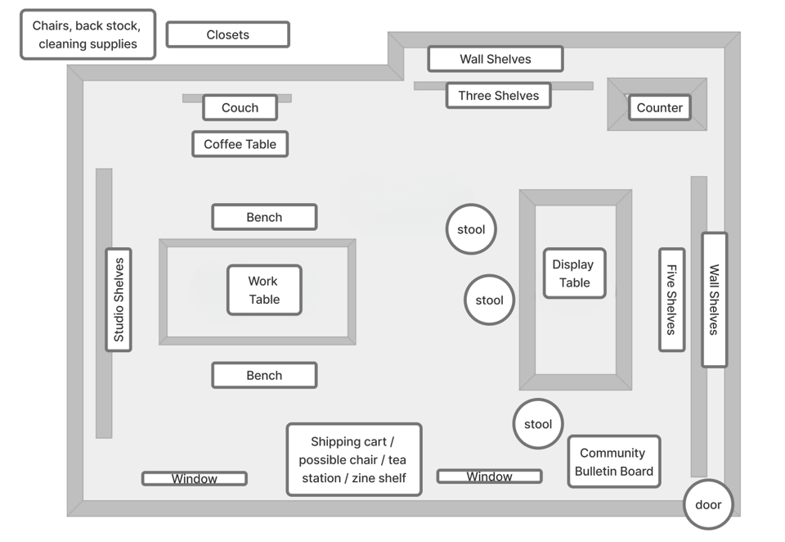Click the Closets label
pyautogui.click(x=228, y=34)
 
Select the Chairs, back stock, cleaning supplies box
pyautogui.click(x=88, y=34)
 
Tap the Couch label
pyautogui.click(x=240, y=108)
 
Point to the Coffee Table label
pyautogui.click(x=240, y=144)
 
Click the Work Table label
pyautogui.click(x=264, y=291)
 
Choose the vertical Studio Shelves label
pyautogui.click(x=119, y=300)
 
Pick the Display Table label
pyautogui.click(x=575, y=273)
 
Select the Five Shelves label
pyautogui.click(x=672, y=300)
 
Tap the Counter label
pyautogui.click(x=660, y=108)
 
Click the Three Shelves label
pyautogui.click(x=499, y=96)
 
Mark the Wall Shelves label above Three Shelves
pyautogui.click(x=496, y=59)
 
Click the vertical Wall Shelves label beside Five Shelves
pyautogui.click(x=715, y=300)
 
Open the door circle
pyautogui.click(x=708, y=504)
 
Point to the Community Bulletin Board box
pyautogui.click(x=614, y=462)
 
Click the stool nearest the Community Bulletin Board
pyautogui.click(x=538, y=424)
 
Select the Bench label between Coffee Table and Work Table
pyautogui.click(x=264, y=217)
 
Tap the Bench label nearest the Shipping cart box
pyautogui.click(x=264, y=376)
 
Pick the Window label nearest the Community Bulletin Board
pyautogui.click(x=490, y=477)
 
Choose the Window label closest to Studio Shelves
pyautogui.click(x=195, y=479)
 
